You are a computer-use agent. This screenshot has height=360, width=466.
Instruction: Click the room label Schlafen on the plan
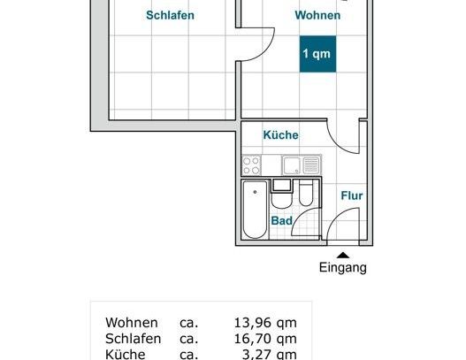pyautogui.click(x=170, y=15)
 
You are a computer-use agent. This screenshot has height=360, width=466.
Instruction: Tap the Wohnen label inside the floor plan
pyautogui.click(x=317, y=15)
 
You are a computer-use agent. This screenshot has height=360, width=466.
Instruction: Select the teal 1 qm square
pyautogui.click(x=317, y=54)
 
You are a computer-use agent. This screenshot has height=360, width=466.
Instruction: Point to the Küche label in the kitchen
pyautogui.click(x=280, y=135)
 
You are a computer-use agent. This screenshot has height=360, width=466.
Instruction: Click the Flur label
pyautogui.click(x=351, y=195)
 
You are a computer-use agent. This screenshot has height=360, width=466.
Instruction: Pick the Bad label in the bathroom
pyautogui.click(x=282, y=221)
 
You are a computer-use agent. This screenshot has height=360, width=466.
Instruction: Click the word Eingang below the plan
pyautogui.click(x=343, y=268)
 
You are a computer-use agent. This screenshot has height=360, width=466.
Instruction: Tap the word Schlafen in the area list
pyautogui.click(x=133, y=338)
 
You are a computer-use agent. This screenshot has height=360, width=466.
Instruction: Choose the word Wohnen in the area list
pyautogui.click(x=131, y=322)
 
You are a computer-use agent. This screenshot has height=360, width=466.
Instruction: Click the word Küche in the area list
pyautogui.click(x=126, y=353)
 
